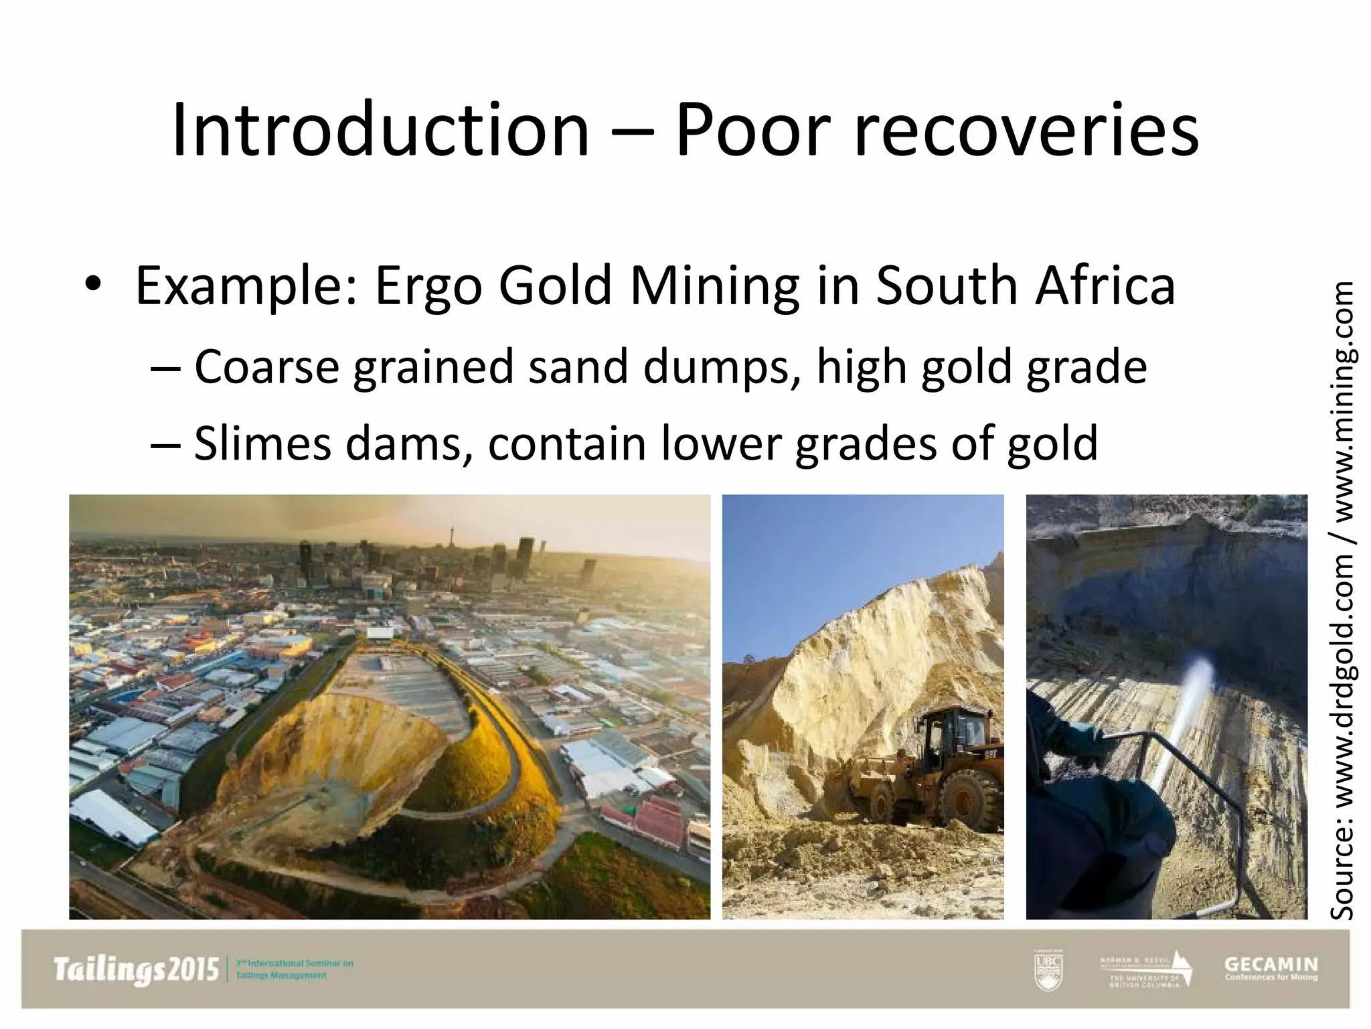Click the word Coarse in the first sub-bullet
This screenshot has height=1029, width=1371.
click(x=266, y=367)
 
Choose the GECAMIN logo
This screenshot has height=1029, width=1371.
click(x=1271, y=969)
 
